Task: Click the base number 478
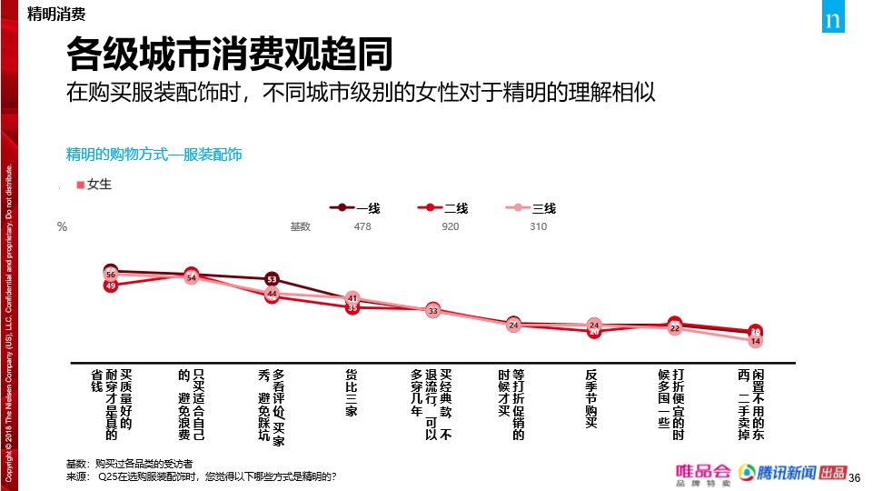pos(362,226)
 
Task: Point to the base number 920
pos(450,226)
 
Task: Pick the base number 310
pos(538,226)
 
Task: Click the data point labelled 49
pos(111,286)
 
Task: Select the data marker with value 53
pos(272,279)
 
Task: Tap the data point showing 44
pos(272,294)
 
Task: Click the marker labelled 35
pos(352,308)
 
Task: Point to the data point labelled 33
pos(432,311)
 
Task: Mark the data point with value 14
pos(755,341)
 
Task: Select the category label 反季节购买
pos(591,398)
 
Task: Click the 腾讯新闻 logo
pos(775,474)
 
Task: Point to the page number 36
pos(853,476)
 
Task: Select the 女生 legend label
pos(94,185)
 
